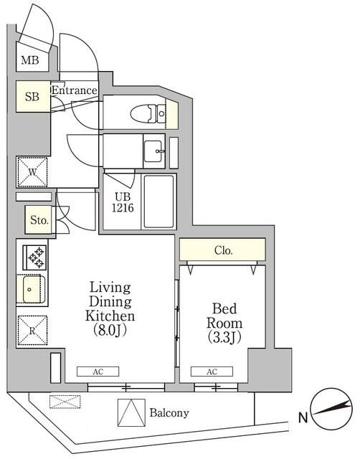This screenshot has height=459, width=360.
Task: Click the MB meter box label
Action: coord(29,61)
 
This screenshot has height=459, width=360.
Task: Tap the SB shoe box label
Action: coord(32,96)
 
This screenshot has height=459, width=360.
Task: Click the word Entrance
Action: coord(74,90)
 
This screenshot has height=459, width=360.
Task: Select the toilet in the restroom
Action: coord(149,113)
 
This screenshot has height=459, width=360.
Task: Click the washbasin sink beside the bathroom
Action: coord(153,151)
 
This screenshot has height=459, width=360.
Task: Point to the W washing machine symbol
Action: coord(33,171)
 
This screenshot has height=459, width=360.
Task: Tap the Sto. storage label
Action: coord(39,221)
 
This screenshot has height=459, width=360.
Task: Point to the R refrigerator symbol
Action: coord(33,332)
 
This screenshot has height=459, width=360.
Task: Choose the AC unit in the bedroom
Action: coord(212,372)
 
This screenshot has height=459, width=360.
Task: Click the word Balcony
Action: coord(169,413)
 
